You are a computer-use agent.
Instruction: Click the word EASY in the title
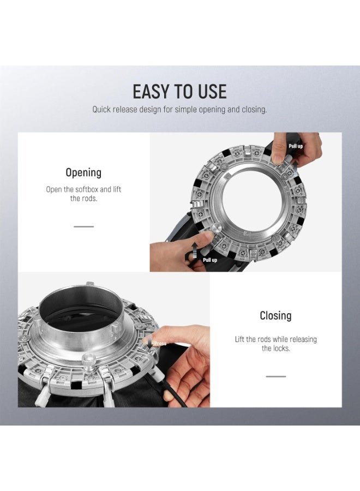tap(152, 92)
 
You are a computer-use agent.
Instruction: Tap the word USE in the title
tap(212, 92)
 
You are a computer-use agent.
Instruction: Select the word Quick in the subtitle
tap(101, 110)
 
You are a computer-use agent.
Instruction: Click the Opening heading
tap(83, 172)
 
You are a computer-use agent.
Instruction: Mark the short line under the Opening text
tap(83, 226)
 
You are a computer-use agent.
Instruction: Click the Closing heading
tap(276, 316)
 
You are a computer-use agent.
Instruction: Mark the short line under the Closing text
tap(276, 376)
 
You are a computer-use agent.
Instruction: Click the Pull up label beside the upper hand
tap(296, 146)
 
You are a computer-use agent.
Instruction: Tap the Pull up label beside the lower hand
tap(210, 260)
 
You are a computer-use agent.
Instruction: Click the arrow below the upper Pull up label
tap(295, 167)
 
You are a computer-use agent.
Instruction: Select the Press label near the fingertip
tap(160, 344)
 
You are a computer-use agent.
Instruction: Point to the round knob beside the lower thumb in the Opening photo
tap(216, 228)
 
